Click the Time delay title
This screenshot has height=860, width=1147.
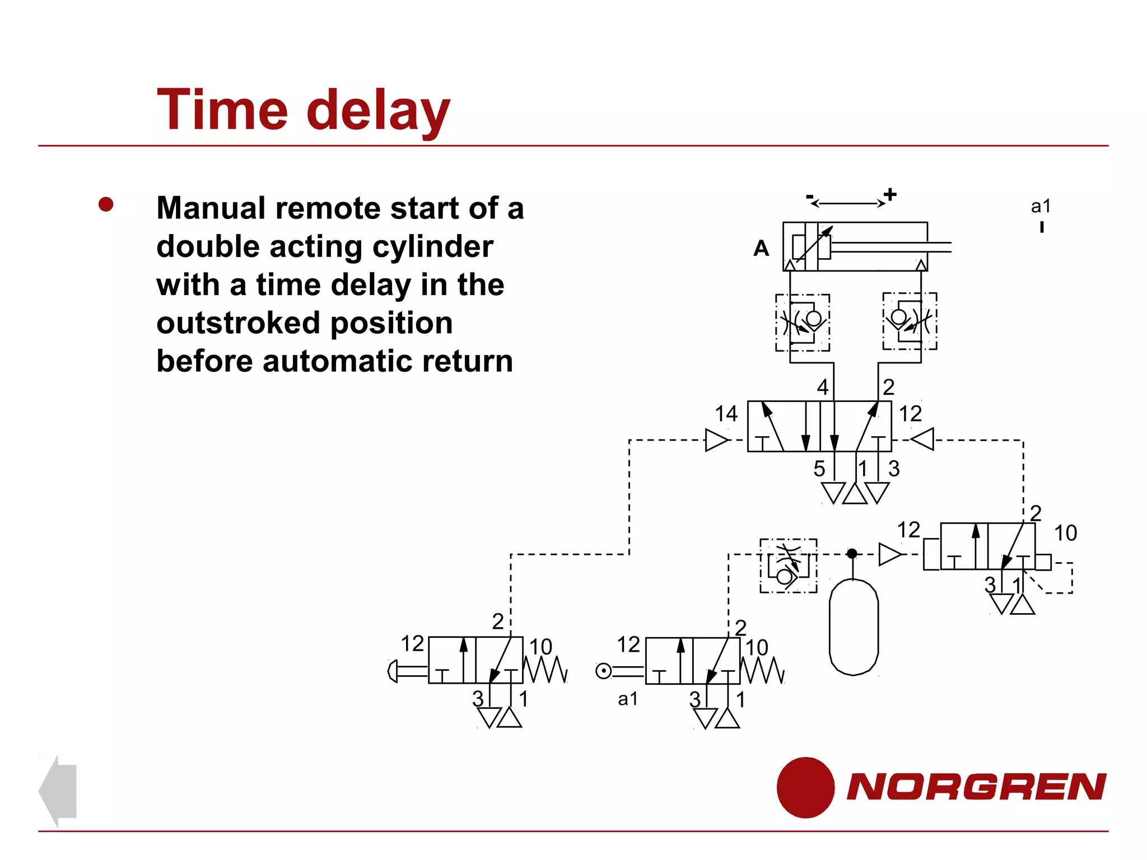303,110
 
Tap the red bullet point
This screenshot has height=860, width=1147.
106,204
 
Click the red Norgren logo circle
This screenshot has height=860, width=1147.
805,787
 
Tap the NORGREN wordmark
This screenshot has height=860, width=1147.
976,787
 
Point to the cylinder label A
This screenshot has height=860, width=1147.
761,248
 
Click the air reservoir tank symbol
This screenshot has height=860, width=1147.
853,627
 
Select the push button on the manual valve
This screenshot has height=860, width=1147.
393,671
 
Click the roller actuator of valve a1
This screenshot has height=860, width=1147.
604,671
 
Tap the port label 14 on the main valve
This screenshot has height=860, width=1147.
726,414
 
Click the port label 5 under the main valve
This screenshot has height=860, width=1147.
819,469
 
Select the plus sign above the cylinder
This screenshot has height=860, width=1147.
890,194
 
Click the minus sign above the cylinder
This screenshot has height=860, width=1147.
810,197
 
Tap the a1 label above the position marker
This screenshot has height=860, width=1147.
1041,206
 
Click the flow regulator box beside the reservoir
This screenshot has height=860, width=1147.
788,565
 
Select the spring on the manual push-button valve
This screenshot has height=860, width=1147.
545,669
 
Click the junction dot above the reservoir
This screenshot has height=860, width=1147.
852,554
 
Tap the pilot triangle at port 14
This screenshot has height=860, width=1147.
716,440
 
